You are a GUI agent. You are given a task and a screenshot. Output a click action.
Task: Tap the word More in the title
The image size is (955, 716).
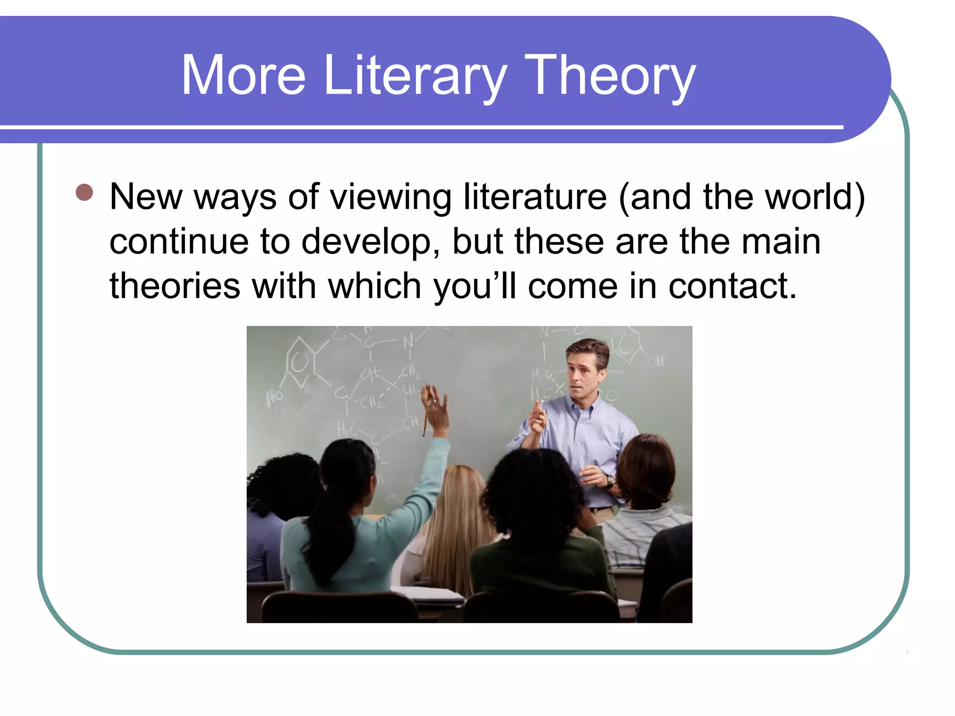click(243, 76)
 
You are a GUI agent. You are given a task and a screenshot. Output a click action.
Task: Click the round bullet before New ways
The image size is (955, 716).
click(84, 193)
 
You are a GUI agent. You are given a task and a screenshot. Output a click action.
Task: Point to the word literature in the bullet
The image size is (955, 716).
click(535, 197)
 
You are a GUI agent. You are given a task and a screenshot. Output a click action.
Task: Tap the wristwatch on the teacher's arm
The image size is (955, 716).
click(609, 480)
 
